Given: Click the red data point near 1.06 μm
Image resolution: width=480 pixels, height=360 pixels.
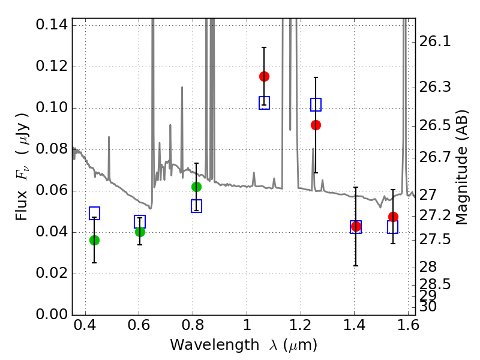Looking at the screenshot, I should (264, 76).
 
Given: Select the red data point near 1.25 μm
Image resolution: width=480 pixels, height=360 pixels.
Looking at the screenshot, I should (316, 125).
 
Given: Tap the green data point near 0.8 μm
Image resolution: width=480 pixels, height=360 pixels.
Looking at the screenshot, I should (196, 187).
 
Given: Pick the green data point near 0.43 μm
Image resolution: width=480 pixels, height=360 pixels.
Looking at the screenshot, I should (94, 240).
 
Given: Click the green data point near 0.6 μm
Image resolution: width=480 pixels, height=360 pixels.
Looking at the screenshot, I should (140, 232).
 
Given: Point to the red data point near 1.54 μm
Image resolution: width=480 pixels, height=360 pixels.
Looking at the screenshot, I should (393, 217).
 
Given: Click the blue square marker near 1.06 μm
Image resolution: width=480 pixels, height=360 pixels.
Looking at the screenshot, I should (264, 103).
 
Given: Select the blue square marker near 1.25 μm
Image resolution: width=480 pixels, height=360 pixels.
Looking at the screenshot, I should (316, 104).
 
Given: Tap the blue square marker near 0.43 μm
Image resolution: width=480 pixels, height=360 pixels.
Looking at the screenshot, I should (94, 213).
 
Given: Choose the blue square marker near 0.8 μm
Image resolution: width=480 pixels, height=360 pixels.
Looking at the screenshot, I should (196, 206).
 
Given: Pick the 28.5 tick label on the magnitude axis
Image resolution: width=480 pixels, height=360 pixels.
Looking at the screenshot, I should (435, 283).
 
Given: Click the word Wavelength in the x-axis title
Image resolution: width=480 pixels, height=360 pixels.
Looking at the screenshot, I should (204, 345).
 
